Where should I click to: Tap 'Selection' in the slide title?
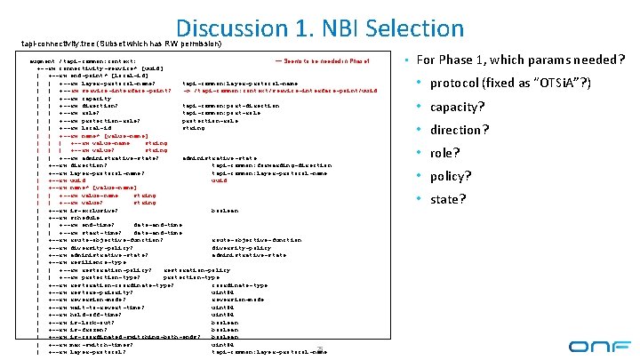point(419,28)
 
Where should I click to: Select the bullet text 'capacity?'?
point(457,108)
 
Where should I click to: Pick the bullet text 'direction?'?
point(460,131)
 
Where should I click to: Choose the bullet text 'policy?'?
point(452,176)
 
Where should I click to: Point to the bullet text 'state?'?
point(448,199)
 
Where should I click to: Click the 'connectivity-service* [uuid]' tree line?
point(98,68)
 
